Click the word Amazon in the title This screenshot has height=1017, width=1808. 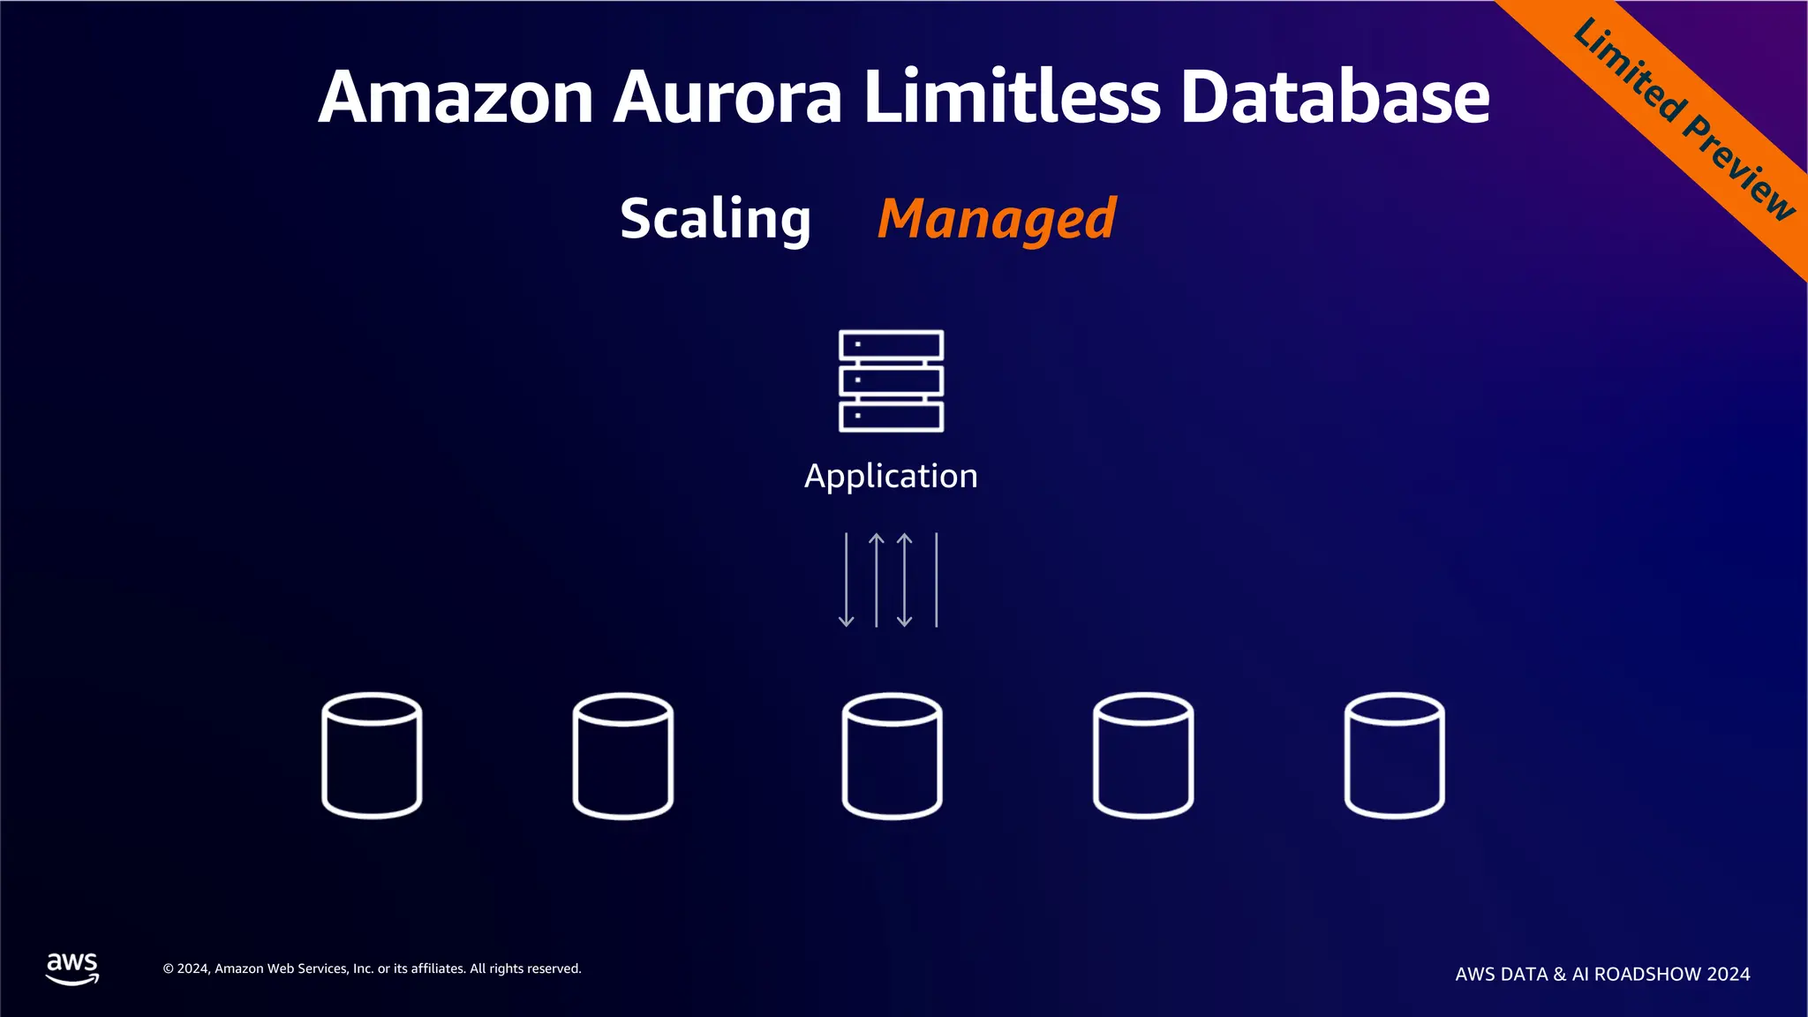(456, 97)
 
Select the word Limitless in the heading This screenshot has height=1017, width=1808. (1012, 97)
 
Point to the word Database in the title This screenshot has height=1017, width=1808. (1335, 97)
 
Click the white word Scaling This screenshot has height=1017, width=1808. (715, 218)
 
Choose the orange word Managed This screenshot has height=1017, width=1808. (997, 219)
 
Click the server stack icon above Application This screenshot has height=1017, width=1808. (891, 380)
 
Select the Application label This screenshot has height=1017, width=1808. (891, 476)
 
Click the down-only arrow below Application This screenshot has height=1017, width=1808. (846, 580)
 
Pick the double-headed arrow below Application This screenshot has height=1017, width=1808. (905, 580)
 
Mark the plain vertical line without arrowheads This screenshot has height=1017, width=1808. (936, 580)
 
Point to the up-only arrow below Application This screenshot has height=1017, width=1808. (876, 580)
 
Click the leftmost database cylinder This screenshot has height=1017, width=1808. (372, 756)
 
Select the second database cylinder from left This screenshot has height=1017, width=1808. (623, 756)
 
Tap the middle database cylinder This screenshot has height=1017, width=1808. (892, 756)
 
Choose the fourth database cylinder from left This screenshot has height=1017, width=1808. (1143, 756)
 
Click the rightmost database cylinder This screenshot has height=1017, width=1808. (1394, 756)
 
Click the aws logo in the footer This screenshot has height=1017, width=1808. (72, 968)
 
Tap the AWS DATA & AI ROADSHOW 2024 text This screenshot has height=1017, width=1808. (1602, 974)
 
